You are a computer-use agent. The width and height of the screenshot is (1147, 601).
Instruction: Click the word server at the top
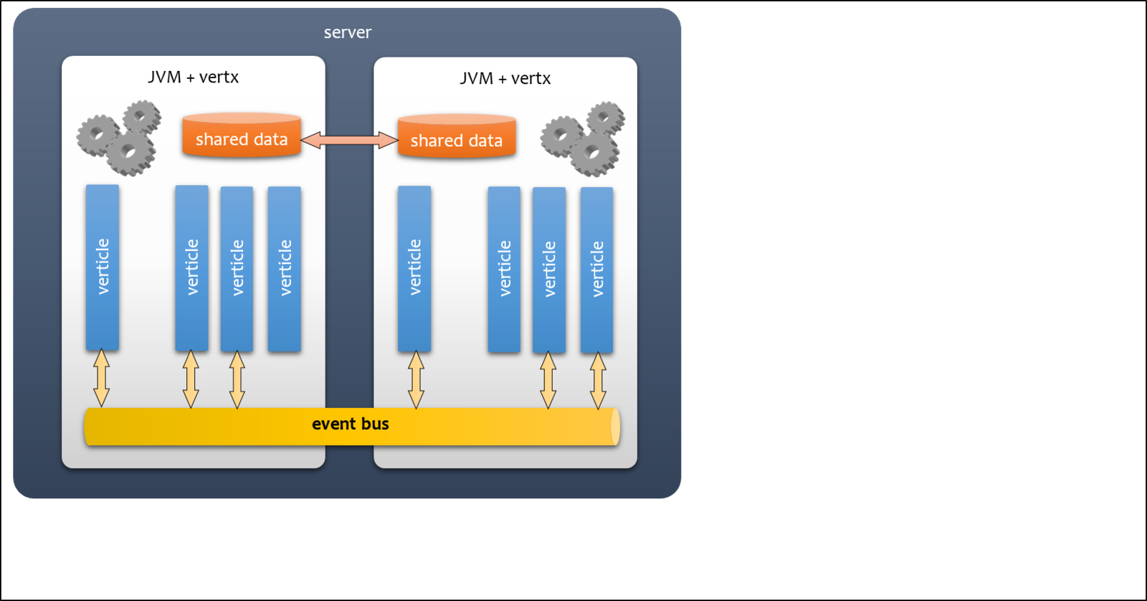(x=348, y=32)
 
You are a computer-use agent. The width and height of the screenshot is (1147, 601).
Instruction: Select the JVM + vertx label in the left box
(x=193, y=77)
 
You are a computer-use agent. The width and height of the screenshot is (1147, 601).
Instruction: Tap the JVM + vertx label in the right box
(x=505, y=78)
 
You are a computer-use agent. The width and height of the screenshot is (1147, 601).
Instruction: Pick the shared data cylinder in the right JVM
(x=457, y=138)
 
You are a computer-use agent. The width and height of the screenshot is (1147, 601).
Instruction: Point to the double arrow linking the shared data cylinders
(x=349, y=140)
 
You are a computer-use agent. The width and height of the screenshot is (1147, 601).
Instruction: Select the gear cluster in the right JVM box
(x=584, y=139)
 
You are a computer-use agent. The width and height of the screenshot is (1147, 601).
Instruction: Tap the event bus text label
(x=350, y=424)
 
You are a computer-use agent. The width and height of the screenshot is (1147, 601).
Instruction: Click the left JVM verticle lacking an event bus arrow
(x=284, y=269)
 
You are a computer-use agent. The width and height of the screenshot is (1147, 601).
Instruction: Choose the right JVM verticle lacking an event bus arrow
(x=504, y=270)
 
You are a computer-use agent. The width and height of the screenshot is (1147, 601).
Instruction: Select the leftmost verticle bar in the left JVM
(x=103, y=267)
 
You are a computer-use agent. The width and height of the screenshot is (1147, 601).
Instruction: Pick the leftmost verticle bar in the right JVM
(x=414, y=268)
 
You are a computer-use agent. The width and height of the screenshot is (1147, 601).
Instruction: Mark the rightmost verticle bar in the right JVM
(x=596, y=270)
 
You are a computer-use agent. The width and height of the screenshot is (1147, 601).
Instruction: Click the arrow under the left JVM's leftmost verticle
(x=102, y=378)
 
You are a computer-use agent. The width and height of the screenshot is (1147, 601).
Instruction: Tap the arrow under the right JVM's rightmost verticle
(x=598, y=380)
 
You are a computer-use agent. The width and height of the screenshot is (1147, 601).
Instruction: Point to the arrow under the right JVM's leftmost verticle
(x=416, y=379)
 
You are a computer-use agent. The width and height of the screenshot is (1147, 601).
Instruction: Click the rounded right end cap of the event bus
(x=614, y=427)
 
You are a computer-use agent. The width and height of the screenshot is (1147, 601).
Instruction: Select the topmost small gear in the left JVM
(x=142, y=117)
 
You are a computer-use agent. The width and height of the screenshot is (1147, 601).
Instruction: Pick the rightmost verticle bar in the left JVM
(x=284, y=269)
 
